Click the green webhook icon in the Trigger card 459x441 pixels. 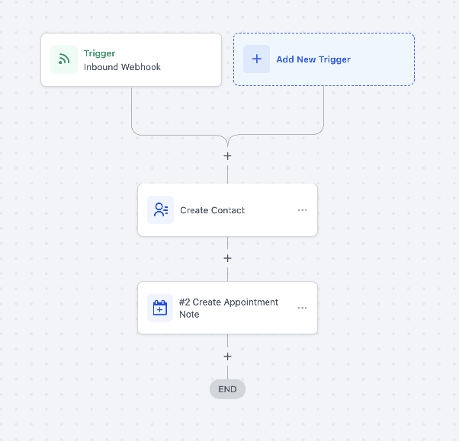[x=64, y=59]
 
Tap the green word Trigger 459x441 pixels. [x=100, y=53]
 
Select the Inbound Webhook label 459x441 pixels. [x=122, y=67]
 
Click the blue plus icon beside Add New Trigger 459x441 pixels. [x=257, y=59]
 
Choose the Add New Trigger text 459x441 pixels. [x=313, y=59]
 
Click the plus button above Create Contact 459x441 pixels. [x=227, y=156]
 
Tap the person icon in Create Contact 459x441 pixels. [x=161, y=209]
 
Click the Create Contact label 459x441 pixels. [x=212, y=210]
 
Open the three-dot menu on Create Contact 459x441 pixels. [x=303, y=210]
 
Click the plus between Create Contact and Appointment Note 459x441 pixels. [x=227, y=258]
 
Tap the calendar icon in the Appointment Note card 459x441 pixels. [x=160, y=308]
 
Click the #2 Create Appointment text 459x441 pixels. [x=229, y=302]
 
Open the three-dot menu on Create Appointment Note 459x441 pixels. [x=303, y=308]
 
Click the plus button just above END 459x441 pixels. [x=227, y=356]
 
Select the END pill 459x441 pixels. [x=227, y=389]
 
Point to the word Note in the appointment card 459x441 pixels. [x=189, y=315]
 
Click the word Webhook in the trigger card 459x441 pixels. [x=141, y=67]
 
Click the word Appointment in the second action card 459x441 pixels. [x=251, y=302]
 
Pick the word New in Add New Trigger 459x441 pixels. [x=307, y=59]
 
